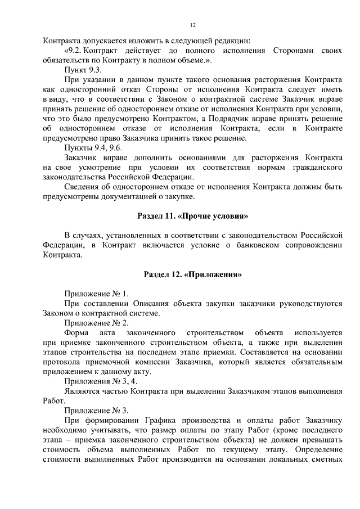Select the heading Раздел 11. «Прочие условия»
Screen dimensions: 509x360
pyautogui.click(x=192, y=215)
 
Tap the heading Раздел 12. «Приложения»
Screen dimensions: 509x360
pyautogui.click(x=192, y=275)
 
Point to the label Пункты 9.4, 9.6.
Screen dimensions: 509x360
pyautogui.click(x=92, y=148)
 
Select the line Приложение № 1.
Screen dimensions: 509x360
pyautogui.click(x=97, y=294)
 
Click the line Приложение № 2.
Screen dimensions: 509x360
pyautogui.click(x=97, y=323)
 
